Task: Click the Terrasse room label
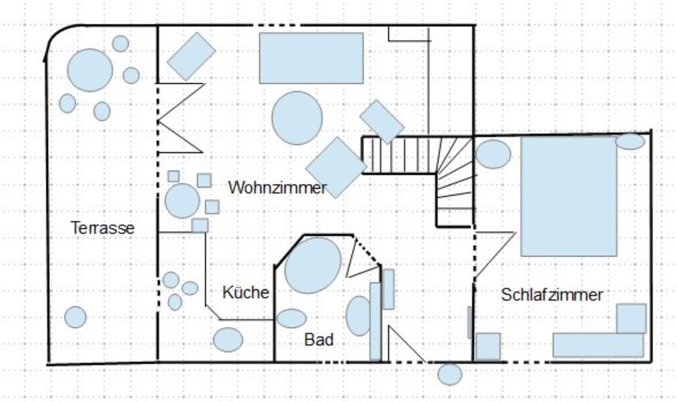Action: [x=103, y=228]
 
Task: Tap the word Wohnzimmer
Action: [x=277, y=188]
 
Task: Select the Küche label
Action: [x=245, y=292]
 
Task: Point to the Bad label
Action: [x=319, y=339]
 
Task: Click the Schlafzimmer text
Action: [x=552, y=295]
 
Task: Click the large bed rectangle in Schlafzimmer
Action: [x=568, y=196]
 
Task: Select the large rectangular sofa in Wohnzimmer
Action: [x=311, y=58]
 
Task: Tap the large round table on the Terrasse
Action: [x=90, y=70]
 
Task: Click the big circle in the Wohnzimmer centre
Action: [x=297, y=118]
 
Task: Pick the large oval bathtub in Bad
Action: [x=312, y=265]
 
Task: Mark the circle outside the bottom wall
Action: [x=449, y=374]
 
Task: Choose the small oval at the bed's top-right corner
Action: [x=630, y=141]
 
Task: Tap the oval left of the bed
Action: [x=494, y=154]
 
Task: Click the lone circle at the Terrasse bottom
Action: [x=75, y=317]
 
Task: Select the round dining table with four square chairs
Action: [x=183, y=200]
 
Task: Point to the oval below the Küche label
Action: [x=228, y=340]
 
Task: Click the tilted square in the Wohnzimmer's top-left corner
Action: [x=191, y=56]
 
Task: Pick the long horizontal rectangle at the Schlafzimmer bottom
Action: [x=598, y=345]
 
